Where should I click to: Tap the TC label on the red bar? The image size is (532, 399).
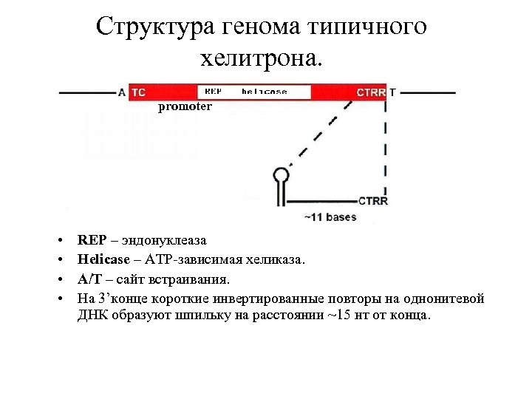(139, 92)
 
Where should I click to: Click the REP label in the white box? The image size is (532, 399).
(213, 92)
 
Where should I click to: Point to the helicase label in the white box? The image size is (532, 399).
(265, 92)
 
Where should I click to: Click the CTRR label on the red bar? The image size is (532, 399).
(371, 92)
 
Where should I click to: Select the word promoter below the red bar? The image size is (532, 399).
(185, 106)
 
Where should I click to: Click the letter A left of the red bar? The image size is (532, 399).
(122, 92)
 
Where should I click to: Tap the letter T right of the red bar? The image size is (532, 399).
(392, 92)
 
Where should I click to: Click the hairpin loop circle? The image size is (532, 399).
(282, 175)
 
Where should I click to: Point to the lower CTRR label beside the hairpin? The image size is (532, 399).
(373, 200)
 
